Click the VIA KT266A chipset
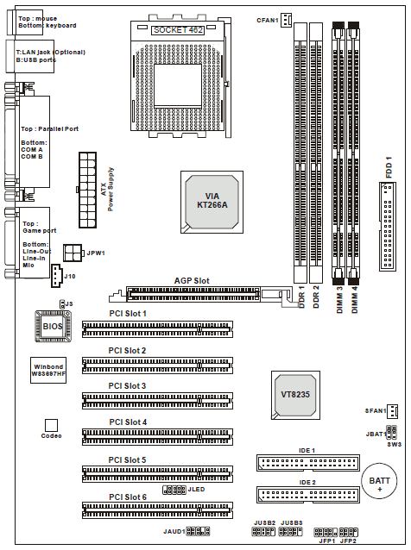coord(212,202)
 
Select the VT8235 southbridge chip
coord(295,395)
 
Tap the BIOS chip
coord(53,326)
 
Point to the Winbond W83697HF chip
coord(48,371)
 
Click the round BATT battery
coord(379,481)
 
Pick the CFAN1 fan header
coord(287,20)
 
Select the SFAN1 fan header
coord(392,411)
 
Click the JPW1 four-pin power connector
coord(73,253)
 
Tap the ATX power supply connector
coord(87,191)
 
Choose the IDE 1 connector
coord(308,463)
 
